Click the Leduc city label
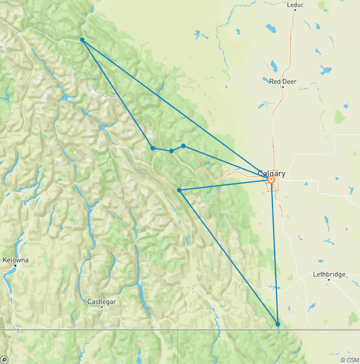click(x=295, y=5)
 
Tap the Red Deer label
click(x=283, y=82)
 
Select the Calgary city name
click(x=271, y=174)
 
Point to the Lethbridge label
click(x=329, y=274)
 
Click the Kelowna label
click(x=15, y=260)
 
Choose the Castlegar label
click(x=102, y=302)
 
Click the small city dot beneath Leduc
click(x=295, y=10)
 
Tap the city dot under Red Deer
click(x=283, y=87)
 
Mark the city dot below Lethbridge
click(x=329, y=280)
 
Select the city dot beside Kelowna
click(x=15, y=265)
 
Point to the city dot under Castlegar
click(x=102, y=307)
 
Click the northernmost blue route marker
click(x=82, y=40)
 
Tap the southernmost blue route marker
click(x=277, y=324)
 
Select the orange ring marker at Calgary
click(x=271, y=179)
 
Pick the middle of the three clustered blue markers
click(x=172, y=151)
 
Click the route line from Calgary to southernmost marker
click(x=275, y=253)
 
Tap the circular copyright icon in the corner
click(x=4, y=360)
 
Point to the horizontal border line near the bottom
click(x=141, y=330)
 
